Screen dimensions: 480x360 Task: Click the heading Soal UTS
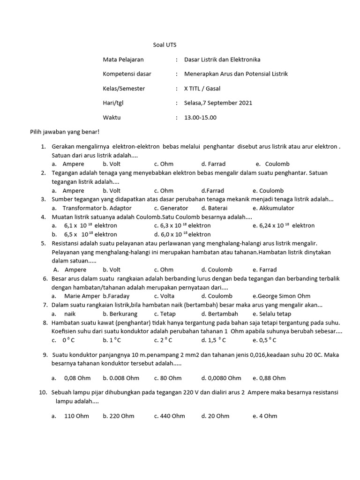pos(165,45)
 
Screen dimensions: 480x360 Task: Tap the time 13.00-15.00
pos(200,118)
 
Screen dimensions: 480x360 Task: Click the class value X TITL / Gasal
pos(202,89)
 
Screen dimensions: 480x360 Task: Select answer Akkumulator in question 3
pos(273,208)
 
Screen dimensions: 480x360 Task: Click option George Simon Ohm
pos(275,296)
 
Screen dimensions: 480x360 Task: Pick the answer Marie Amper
pos(82,296)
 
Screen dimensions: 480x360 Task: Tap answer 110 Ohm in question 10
pos(76,416)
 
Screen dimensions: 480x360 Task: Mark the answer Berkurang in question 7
pos(123,314)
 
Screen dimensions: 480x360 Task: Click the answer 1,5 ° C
pos(214,340)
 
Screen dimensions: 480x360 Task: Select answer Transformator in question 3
pos(82,208)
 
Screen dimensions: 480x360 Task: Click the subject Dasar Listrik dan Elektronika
pos(222,60)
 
